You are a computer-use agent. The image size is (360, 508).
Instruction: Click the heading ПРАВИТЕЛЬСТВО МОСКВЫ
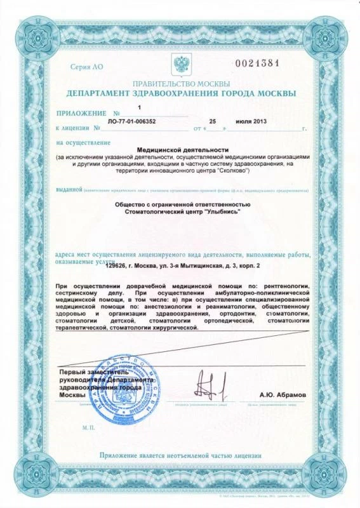tap(180, 84)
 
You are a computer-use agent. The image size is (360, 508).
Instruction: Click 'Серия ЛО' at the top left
tap(86, 66)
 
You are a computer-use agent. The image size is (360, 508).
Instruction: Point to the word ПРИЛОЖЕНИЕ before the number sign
tap(82, 113)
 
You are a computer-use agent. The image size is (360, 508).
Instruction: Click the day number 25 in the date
tap(215, 120)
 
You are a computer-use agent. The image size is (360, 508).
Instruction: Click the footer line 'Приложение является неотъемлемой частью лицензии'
tap(180, 455)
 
